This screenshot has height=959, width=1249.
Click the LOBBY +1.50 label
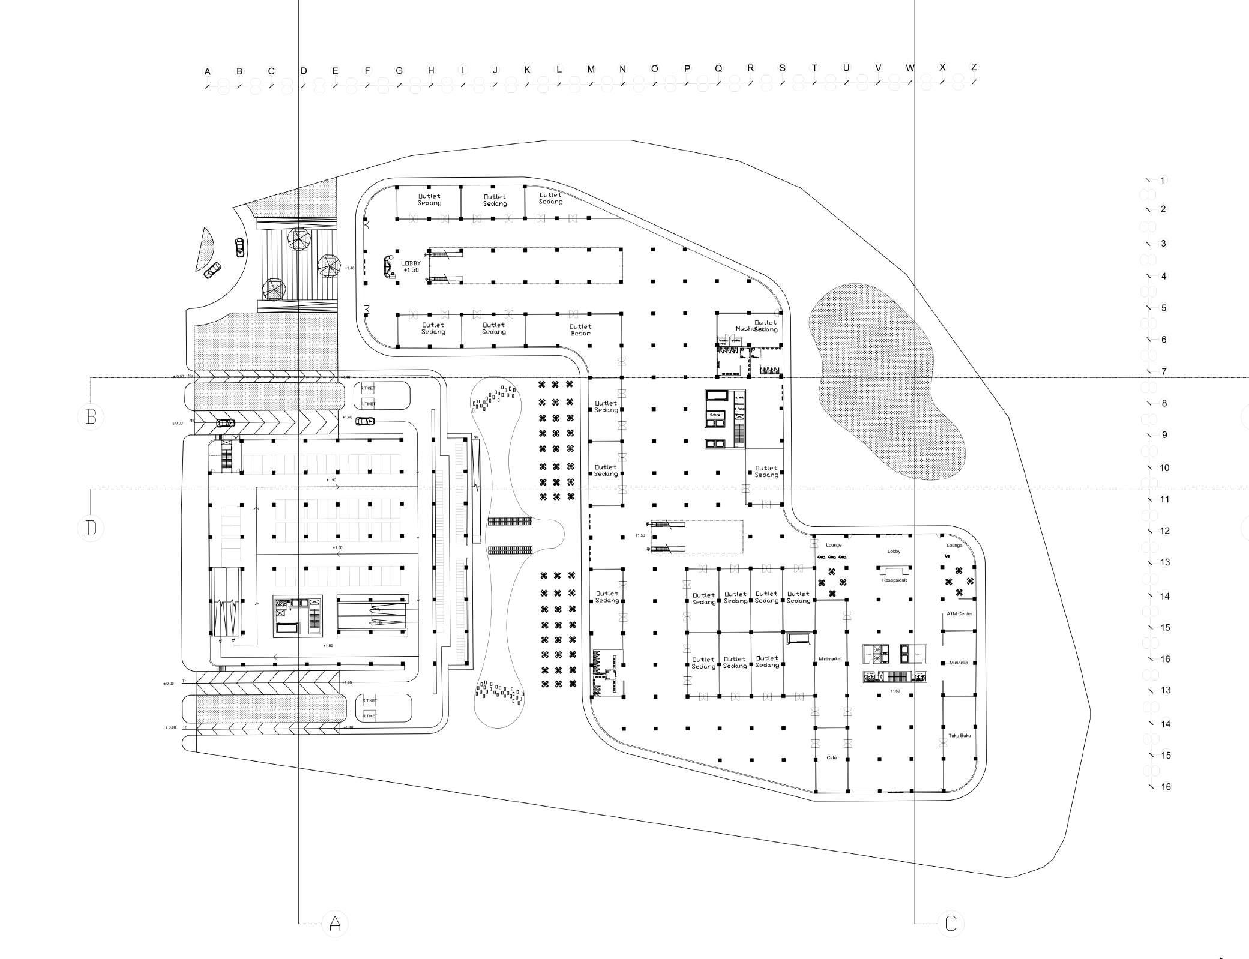coord(411,266)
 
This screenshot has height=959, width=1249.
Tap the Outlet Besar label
coord(580,330)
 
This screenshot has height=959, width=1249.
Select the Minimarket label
coord(830,659)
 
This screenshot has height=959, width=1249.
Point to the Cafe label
coord(831,758)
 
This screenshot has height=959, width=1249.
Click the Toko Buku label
coord(959,735)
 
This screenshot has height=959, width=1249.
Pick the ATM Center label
coord(959,614)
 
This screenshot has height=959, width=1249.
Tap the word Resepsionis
coord(894,580)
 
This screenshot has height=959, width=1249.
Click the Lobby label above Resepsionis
coord(894,551)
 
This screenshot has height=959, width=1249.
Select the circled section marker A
coord(335,923)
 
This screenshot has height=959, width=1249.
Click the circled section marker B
coord(91,416)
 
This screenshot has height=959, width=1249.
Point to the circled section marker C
coord(951,923)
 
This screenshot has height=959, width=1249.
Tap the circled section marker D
coord(91,528)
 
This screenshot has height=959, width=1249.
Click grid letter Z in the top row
coord(974,67)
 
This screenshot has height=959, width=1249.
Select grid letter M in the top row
coord(591,70)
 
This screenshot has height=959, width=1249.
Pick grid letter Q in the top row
coord(718,68)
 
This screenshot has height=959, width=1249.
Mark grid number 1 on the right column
coord(1163,181)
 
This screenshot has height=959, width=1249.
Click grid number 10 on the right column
coord(1164,468)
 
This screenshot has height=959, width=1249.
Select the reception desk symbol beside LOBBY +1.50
coord(389,266)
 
